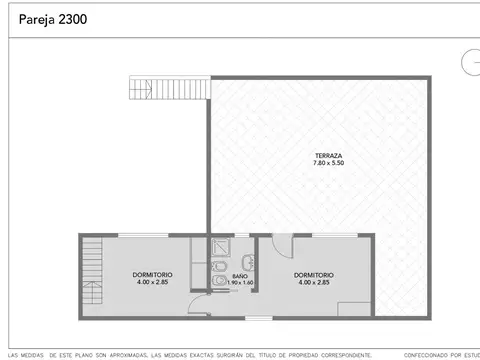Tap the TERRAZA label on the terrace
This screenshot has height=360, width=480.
click(328, 156)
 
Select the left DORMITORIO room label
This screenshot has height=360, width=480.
click(153, 275)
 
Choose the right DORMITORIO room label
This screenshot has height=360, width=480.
click(314, 275)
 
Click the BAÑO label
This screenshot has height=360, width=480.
click(240, 275)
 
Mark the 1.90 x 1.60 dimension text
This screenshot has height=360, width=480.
click(241, 283)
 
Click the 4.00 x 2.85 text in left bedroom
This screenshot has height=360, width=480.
click(153, 283)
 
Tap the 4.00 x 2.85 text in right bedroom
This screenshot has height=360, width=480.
click(314, 283)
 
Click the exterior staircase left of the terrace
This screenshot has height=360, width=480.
click(168, 89)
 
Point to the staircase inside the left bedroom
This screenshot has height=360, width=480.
click(92, 275)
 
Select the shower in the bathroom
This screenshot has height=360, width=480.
click(220, 250)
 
